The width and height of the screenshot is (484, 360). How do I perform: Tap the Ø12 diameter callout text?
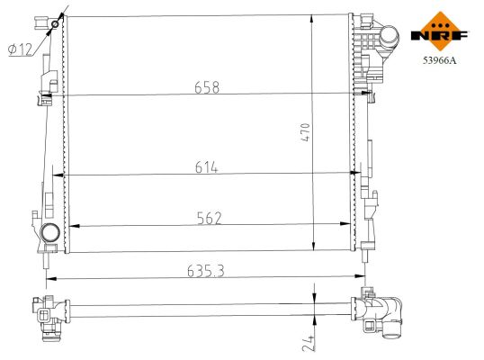tap(20, 50)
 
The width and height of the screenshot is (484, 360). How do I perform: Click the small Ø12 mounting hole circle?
tap(56, 23)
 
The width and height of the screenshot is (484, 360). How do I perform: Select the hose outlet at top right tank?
tap(389, 37)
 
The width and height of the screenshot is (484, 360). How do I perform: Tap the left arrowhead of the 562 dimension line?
tap(72, 226)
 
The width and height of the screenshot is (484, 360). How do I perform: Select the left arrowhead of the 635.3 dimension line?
tap(49, 277)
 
